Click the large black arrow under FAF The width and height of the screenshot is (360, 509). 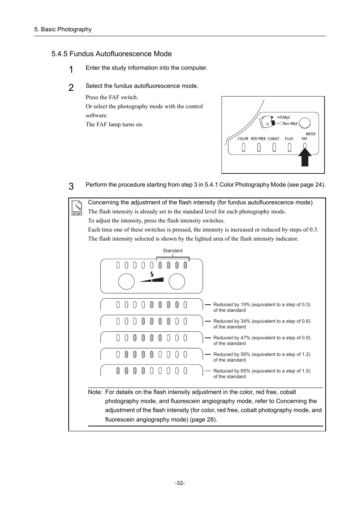click(305, 157)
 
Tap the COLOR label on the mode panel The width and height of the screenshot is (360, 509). click(243, 139)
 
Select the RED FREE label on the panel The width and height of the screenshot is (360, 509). click(258, 139)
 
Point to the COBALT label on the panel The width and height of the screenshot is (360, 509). click(273, 139)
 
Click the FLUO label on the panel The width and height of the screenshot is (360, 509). click(289, 139)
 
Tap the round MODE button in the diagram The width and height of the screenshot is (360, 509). click(305, 123)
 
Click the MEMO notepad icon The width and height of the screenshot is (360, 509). click(77, 208)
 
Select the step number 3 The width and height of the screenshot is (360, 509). click(71, 186)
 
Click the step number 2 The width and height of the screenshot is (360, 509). click(71, 88)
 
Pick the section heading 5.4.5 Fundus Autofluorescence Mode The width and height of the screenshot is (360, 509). click(111, 54)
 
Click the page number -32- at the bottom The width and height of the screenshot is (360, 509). click(180, 483)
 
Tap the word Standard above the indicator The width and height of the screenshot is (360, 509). click(172, 251)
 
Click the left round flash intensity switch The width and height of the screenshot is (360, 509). click(126, 282)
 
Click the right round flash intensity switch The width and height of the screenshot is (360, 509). click(177, 282)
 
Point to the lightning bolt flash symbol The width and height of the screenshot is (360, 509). click(152, 274)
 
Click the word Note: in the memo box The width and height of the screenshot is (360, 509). click(95, 392)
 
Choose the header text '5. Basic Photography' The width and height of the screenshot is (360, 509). click(63, 29)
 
